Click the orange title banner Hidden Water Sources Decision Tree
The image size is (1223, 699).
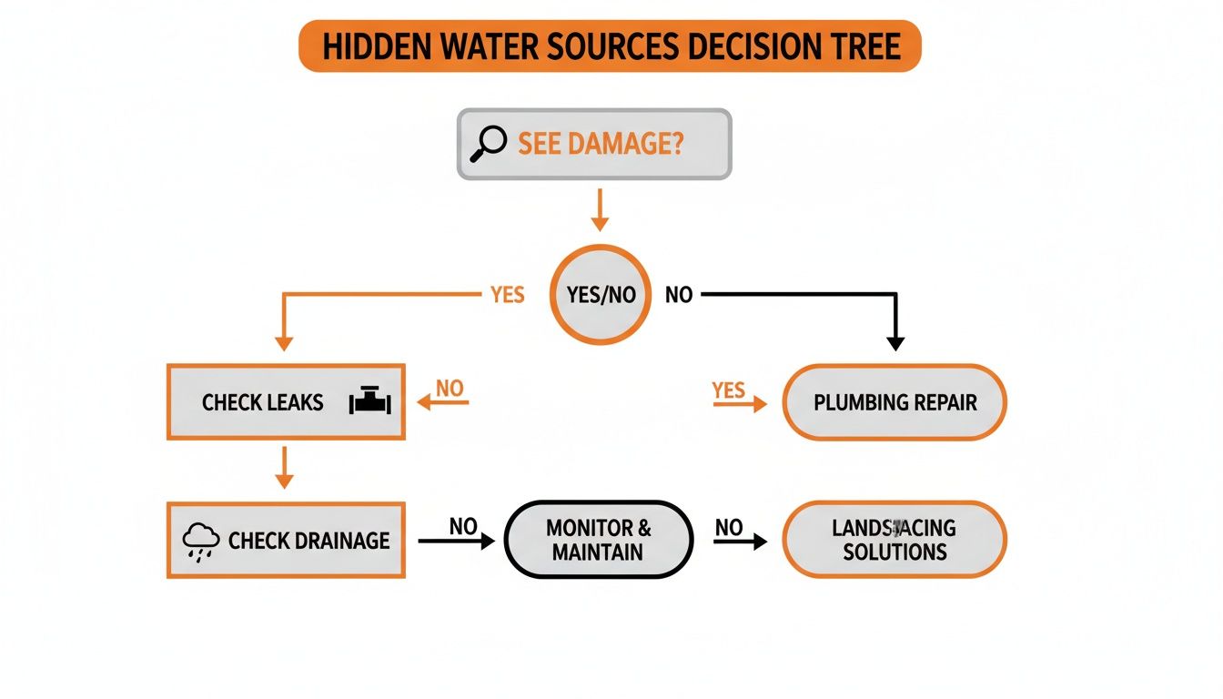tap(610, 46)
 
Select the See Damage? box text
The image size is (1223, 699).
tap(601, 144)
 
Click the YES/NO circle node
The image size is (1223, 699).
tap(601, 295)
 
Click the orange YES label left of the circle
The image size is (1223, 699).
tap(507, 295)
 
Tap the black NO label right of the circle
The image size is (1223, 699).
tap(679, 295)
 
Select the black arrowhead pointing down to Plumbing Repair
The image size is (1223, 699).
tap(895, 342)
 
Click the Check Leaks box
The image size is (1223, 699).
tap(285, 402)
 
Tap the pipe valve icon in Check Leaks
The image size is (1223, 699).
tap(369, 402)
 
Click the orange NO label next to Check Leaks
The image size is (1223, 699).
tap(450, 389)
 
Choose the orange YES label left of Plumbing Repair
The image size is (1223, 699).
tap(729, 390)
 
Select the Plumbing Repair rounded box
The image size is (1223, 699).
tap(895, 402)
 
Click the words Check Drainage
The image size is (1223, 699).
tap(308, 541)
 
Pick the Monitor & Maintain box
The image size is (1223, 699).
tap(599, 540)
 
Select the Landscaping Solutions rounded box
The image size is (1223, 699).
tap(895, 540)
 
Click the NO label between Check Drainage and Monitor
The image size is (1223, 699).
tap(463, 526)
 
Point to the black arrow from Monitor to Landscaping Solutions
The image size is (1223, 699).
tap(740, 542)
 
